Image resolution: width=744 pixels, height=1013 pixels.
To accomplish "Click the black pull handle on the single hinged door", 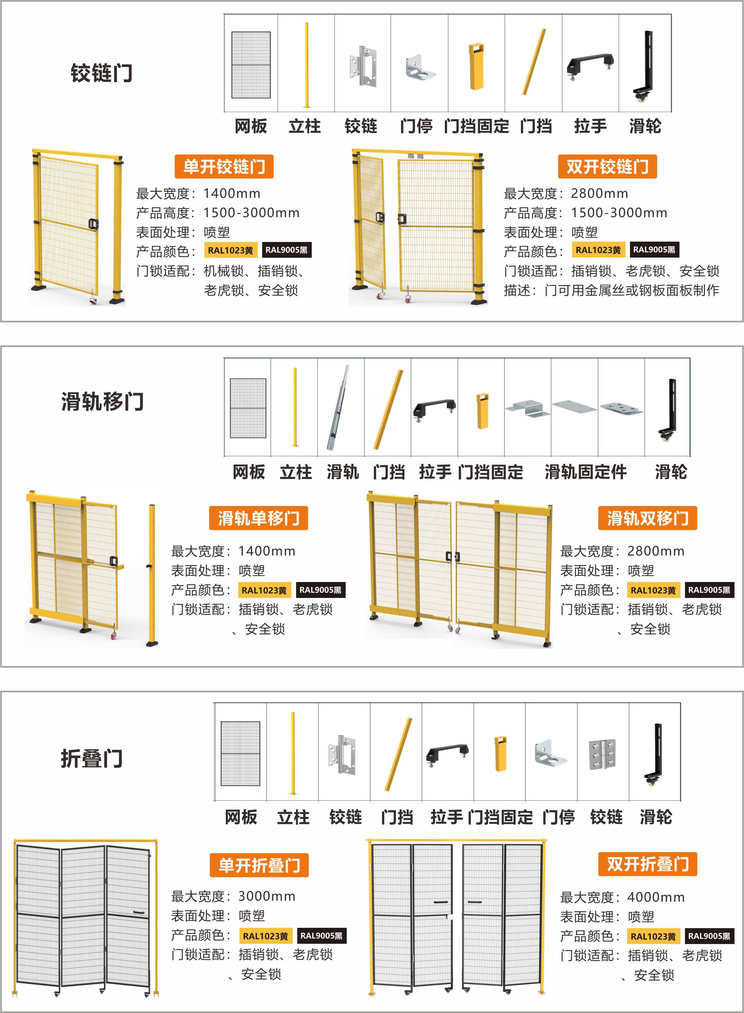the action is pos(93,224).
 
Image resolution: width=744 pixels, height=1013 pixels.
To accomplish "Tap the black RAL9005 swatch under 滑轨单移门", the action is pos(320,590).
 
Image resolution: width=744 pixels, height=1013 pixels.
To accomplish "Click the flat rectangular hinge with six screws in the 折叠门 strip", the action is pos(603,754).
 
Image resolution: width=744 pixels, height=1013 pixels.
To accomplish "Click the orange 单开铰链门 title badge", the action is pos(224,167).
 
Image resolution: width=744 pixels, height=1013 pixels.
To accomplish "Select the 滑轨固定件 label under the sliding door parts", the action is pos(585,472).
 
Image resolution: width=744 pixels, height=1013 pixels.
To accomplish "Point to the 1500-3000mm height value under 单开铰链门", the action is pos(251,213).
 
